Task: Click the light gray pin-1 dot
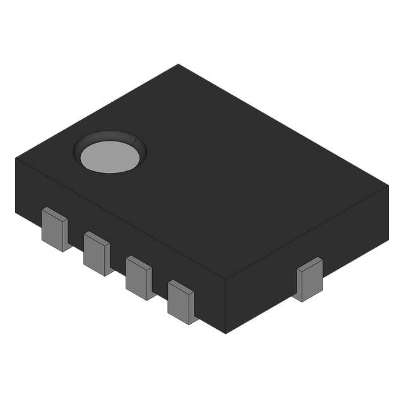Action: click(x=110, y=156)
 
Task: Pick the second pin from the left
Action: click(x=97, y=252)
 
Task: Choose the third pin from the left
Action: click(x=138, y=276)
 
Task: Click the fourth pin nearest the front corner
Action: click(x=181, y=301)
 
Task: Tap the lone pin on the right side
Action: click(x=309, y=279)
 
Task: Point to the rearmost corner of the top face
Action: click(x=179, y=64)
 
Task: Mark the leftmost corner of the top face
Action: click(x=16, y=158)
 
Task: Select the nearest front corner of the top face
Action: click(x=225, y=278)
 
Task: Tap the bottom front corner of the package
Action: click(x=225, y=333)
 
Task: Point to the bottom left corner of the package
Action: click(x=16, y=212)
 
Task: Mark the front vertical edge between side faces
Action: click(x=225, y=306)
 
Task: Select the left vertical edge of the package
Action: click(x=16, y=186)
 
